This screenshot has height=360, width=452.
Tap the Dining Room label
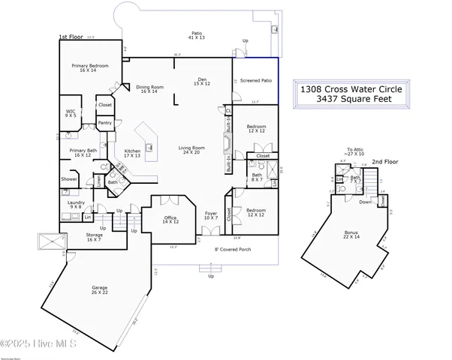(x=149, y=88)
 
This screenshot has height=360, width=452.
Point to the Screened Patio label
(x=255, y=79)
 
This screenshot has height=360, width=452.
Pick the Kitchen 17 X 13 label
(x=132, y=153)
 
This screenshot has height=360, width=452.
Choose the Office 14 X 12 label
(x=170, y=220)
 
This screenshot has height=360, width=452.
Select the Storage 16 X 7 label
(x=93, y=237)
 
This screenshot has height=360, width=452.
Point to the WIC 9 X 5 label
(x=70, y=114)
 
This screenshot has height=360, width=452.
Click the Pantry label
(x=105, y=123)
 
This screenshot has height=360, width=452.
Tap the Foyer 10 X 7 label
(x=210, y=216)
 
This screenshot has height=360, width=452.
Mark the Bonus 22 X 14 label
(x=351, y=235)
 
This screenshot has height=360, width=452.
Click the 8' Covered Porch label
(x=231, y=248)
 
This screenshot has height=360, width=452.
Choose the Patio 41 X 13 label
(x=197, y=35)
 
